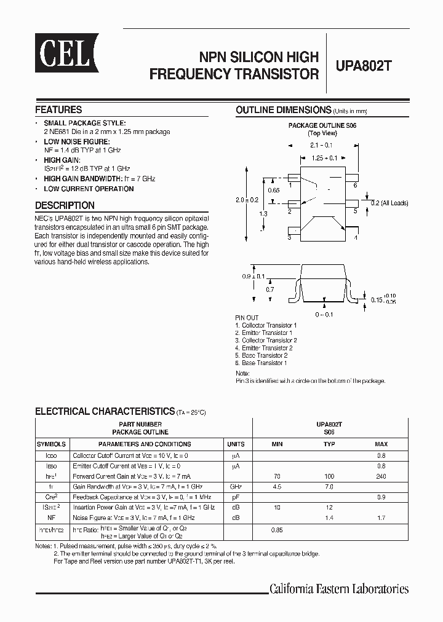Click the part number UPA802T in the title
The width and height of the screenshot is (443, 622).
pos(364,66)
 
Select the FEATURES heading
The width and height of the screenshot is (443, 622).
pos(58,109)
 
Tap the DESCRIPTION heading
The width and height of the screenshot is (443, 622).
pos(65,205)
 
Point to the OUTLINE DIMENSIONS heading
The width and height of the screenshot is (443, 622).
pos(284,110)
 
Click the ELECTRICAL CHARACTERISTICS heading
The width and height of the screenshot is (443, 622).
pos(105,411)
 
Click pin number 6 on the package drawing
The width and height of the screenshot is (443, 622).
pos(355,185)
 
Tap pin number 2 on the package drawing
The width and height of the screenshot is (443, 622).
pos(289,211)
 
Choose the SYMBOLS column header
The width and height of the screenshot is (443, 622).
pos(51,444)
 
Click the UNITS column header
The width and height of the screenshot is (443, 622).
pos(236,444)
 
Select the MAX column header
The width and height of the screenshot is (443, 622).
pos(381,444)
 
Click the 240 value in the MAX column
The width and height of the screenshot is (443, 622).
pos(381,476)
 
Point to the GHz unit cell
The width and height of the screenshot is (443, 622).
pos(236,486)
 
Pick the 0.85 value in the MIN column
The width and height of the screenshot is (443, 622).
pos(277,530)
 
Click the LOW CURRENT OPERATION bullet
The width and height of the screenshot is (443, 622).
pos(89,189)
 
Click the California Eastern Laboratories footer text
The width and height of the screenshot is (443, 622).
pos(339,589)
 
